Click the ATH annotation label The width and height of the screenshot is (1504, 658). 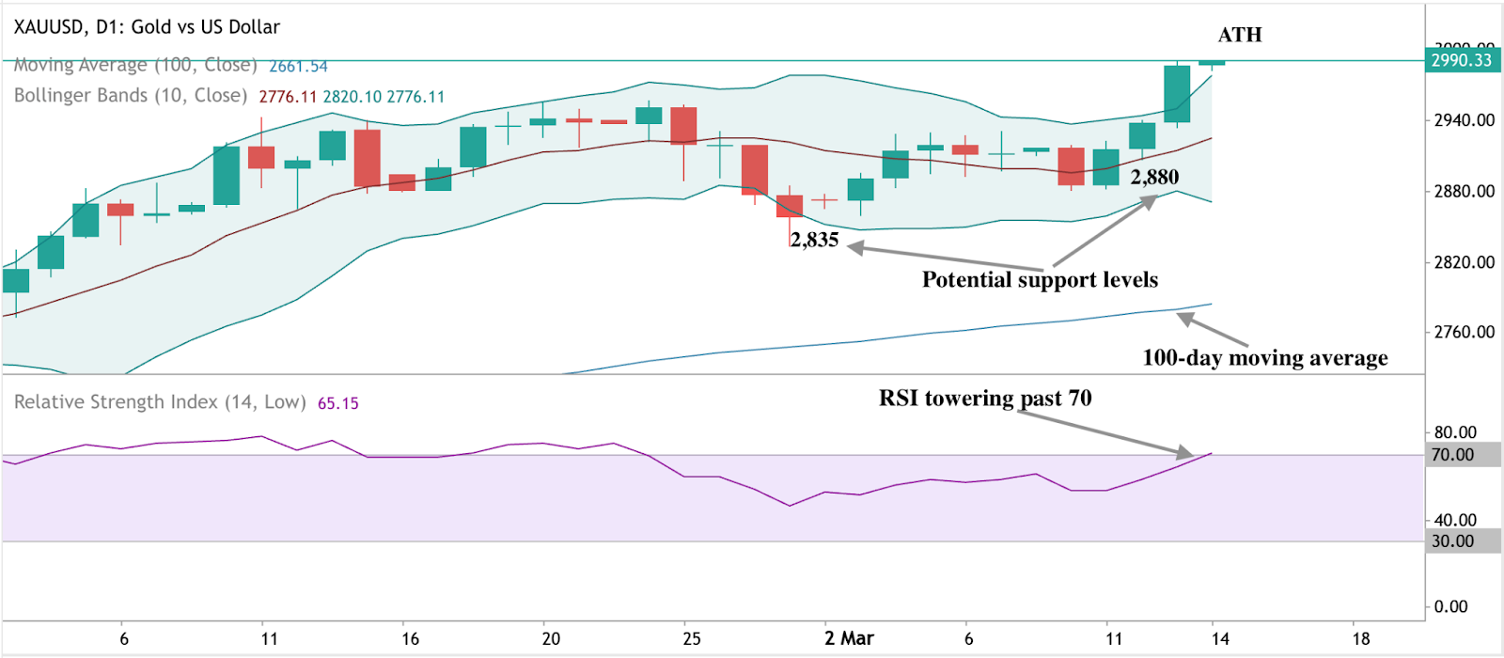(x=1239, y=35)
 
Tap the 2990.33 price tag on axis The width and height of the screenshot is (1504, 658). (x=1462, y=60)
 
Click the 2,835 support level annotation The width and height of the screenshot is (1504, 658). (x=814, y=240)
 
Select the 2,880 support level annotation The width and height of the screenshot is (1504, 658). (x=1154, y=177)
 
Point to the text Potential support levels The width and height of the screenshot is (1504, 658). (x=1040, y=279)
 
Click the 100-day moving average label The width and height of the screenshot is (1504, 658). (x=1264, y=358)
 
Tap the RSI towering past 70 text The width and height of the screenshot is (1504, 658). (x=985, y=399)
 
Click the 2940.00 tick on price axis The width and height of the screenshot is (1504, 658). (x=1464, y=120)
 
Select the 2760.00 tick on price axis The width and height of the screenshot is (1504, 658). (x=1464, y=332)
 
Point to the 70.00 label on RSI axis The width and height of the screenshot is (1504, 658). (x=1452, y=455)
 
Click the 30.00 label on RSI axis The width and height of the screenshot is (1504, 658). (x=1452, y=541)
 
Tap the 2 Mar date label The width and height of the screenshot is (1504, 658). (x=849, y=638)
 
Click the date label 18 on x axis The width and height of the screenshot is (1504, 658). (x=1359, y=638)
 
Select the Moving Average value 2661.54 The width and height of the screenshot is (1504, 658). (x=298, y=67)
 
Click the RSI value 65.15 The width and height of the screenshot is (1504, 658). (x=337, y=403)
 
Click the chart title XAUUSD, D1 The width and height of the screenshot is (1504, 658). (x=147, y=27)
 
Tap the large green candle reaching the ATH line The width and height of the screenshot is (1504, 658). (x=1177, y=94)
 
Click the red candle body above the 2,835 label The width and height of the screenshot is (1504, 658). (x=790, y=206)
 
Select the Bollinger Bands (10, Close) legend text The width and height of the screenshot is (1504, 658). (x=131, y=96)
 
